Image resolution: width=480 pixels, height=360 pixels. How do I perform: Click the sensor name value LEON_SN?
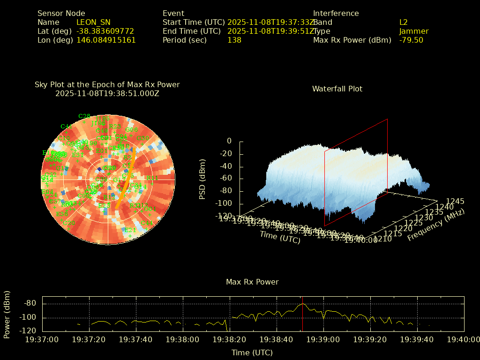pyautogui.click(x=93, y=22)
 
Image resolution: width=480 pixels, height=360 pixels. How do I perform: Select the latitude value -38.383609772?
pyautogui.click(x=105, y=31)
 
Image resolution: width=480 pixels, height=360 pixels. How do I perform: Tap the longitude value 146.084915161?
pyautogui.click(x=106, y=40)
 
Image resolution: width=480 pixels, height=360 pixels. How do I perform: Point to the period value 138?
pyautogui.click(x=234, y=40)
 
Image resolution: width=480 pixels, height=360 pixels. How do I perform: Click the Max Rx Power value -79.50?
pyautogui.click(x=411, y=40)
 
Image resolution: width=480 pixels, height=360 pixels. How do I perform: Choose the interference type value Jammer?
pyautogui.click(x=413, y=31)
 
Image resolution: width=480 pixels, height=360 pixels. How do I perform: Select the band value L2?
pyautogui.click(x=403, y=22)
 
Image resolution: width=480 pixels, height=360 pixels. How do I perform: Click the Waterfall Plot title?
pyautogui.click(x=337, y=89)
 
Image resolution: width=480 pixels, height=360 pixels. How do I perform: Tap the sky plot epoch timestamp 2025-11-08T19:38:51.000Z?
pyautogui.click(x=107, y=93)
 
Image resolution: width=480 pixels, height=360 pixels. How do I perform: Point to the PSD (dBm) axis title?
pyautogui.click(x=202, y=178)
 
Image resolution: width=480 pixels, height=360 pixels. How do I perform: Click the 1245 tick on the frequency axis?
pyautogui.click(x=455, y=201)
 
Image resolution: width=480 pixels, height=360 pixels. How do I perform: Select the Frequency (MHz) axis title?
pyautogui.click(x=435, y=225)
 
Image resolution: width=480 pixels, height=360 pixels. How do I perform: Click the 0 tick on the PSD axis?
pyautogui.click(x=229, y=141)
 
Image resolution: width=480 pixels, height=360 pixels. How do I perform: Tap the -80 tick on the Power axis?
pyautogui.click(x=30, y=303)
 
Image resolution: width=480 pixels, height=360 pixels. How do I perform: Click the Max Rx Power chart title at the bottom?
pyautogui.click(x=252, y=282)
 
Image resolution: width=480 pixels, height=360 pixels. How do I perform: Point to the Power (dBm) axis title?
pyautogui.click(x=7, y=314)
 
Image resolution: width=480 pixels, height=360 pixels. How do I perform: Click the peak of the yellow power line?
pyautogui.click(x=303, y=304)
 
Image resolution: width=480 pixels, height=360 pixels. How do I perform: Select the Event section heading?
pyautogui.click(x=173, y=13)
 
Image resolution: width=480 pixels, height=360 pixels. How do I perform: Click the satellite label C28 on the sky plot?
pyautogui.click(x=84, y=116)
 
